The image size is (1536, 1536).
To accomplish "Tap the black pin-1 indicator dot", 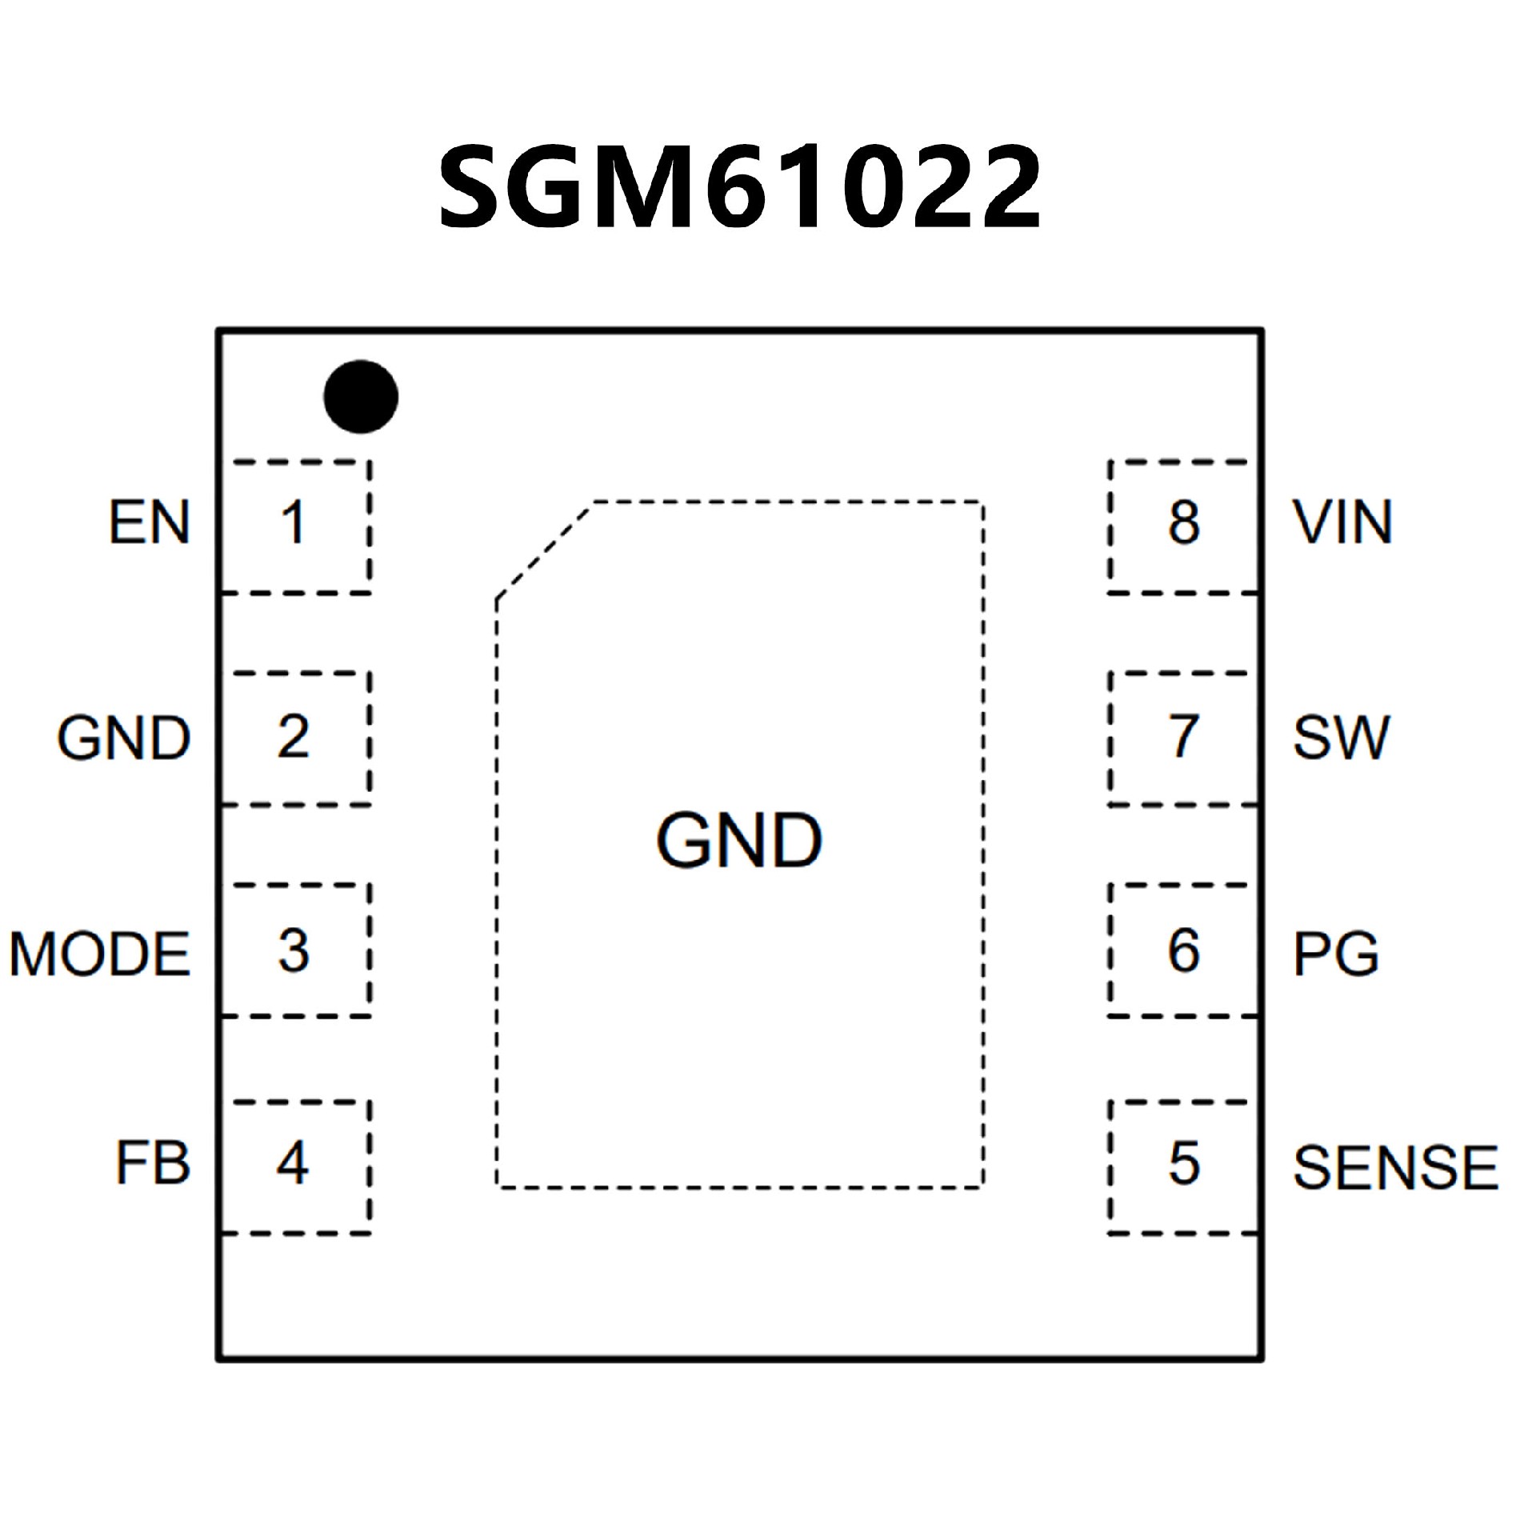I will click(x=361, y=397).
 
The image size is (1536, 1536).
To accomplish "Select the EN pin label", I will click(x=150, y=522).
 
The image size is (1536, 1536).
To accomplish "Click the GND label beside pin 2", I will click(x=124, y=737).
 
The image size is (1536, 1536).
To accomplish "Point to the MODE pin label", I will click(x=100, y=954).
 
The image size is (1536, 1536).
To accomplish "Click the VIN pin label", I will click(x=1343, y=522).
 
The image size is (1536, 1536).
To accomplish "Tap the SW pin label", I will click(x=1341, y=737).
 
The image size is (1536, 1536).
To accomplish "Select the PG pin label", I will click(x=1336, y=954).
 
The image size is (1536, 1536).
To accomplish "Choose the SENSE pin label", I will click(x=1395, y=1167).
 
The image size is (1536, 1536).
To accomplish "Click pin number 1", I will click(x=293, y=522).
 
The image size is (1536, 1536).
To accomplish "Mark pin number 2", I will click(x=293, y=737).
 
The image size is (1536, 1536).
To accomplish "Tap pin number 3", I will click(x=293, y=950).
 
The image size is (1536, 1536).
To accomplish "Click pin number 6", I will click(x=1184, y=950).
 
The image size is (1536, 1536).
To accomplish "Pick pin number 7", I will click(x=1184, y=737).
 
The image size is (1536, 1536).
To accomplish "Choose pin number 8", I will click(x=1184, y=522).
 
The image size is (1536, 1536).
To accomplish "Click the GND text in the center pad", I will click(x=739, y=840).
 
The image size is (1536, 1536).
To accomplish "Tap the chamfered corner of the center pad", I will click(x=544, y=550).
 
